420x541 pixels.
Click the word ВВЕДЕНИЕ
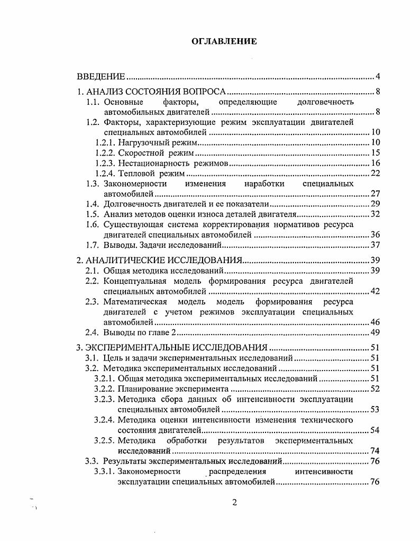pyautogui.click(x=101, y=76)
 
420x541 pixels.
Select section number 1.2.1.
pyautogui.click(x=105, y=143)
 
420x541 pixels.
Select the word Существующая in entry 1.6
pyautogui.click(x=132, y=225)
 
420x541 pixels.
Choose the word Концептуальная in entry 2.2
pyautogui.click(x=134, y=282)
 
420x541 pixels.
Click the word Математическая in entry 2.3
pyautogui.click(x=134, y=302)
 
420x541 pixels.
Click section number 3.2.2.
pyautogui.click(x=105, y=389)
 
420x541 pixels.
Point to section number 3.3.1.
pyautogui.click(x=105, y=472)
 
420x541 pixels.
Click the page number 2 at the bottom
pyautogui.click(x=235, y=503)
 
